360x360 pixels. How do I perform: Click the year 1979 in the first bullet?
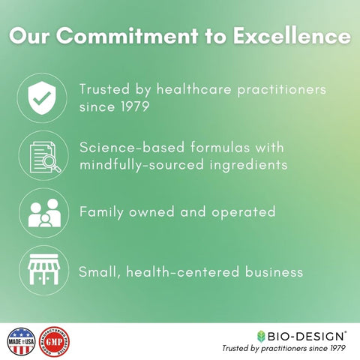point(128,107)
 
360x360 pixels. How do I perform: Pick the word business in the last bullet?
point(266,271)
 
